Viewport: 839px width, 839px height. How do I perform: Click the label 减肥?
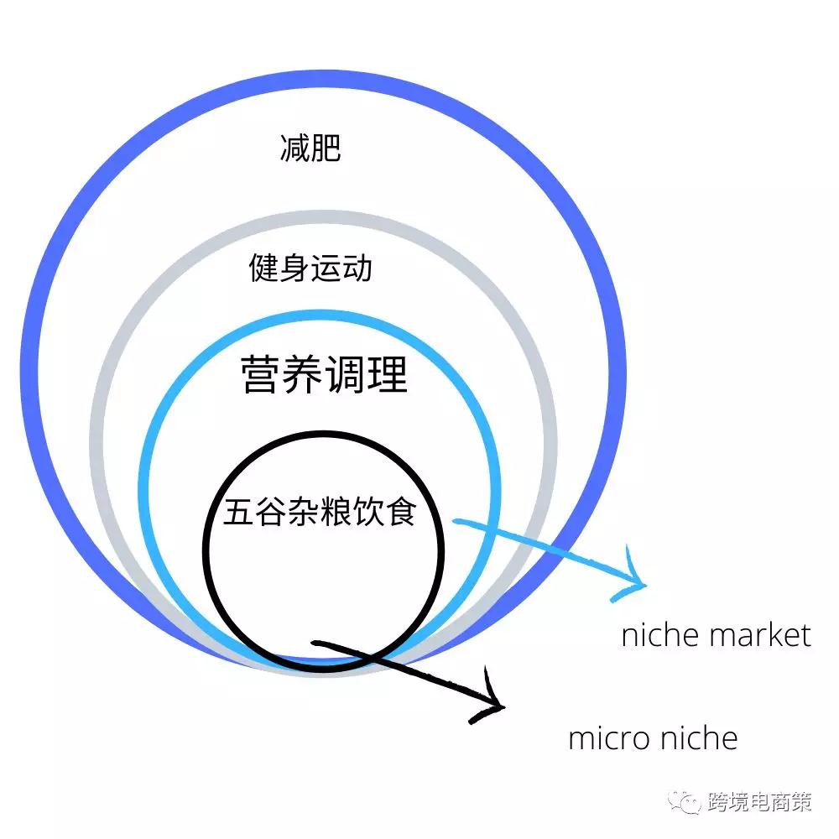coord(310,149)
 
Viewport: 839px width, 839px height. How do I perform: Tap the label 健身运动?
coord(310,268)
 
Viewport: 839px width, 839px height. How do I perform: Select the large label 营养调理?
coord(324,374)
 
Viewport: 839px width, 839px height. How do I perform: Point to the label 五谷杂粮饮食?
coord(320,512)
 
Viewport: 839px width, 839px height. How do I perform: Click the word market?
coord(760,636)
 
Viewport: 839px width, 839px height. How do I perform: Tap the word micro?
coord(608,738)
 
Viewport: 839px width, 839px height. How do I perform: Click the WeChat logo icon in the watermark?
coord(684,801)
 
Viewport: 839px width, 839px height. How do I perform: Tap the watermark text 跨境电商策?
coord(759,801)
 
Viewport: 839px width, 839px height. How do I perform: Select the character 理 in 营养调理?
coord(388,374)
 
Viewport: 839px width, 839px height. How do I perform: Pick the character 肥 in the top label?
coord(326,149)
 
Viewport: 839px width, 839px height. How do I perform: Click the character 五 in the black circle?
coord(238,512)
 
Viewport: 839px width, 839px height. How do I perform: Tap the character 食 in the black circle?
coord(402,512)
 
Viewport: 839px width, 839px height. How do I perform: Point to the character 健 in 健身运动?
coord(263,268)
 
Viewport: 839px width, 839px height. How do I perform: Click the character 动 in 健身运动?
coord(357,268)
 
